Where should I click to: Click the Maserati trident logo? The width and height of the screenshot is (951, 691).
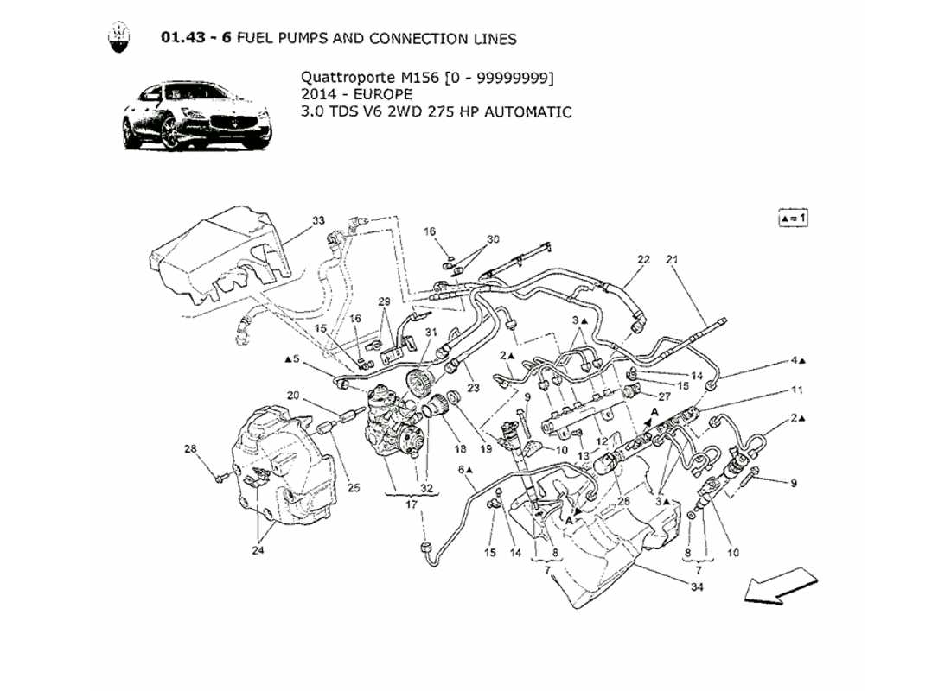click(119, 39)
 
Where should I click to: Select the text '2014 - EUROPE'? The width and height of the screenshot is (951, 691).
click(356, 94)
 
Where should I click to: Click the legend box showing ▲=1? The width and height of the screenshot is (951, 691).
click(792, 218)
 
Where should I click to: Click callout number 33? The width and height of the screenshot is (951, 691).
click(319, 221)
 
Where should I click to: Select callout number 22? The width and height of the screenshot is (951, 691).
click(643, 259)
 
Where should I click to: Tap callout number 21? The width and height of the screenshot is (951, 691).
click(672, 259)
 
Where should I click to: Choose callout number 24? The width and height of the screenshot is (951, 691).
click(258, 548)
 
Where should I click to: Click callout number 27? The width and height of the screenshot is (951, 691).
click(664, 397)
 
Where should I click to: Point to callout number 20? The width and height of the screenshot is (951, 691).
click(293, 396)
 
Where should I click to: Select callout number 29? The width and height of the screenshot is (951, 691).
click(385, 301)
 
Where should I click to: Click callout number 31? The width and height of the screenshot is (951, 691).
click(431, 333)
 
